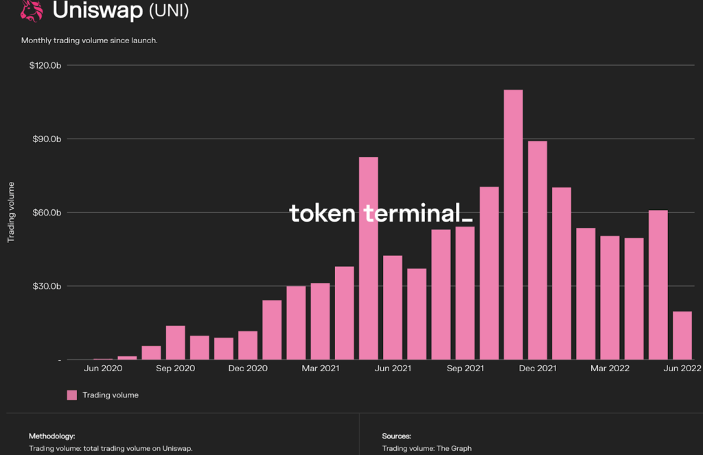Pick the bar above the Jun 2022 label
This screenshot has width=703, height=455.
(682, 336)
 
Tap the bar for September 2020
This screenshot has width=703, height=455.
(175, 342)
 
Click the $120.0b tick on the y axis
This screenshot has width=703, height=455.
(46, 65)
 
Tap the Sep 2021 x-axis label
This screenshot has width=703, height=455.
(465, 369)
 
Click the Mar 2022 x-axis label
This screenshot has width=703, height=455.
(610, 369)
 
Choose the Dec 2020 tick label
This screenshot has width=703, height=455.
(247, 369)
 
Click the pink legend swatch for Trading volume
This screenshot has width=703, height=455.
(71, 395)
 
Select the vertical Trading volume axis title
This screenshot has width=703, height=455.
(11, 213)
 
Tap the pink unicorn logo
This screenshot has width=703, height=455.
(31, 10)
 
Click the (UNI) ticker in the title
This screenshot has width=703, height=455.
(169, 11)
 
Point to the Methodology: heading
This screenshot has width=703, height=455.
(52, 436)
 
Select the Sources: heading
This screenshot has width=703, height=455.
(396, 436)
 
